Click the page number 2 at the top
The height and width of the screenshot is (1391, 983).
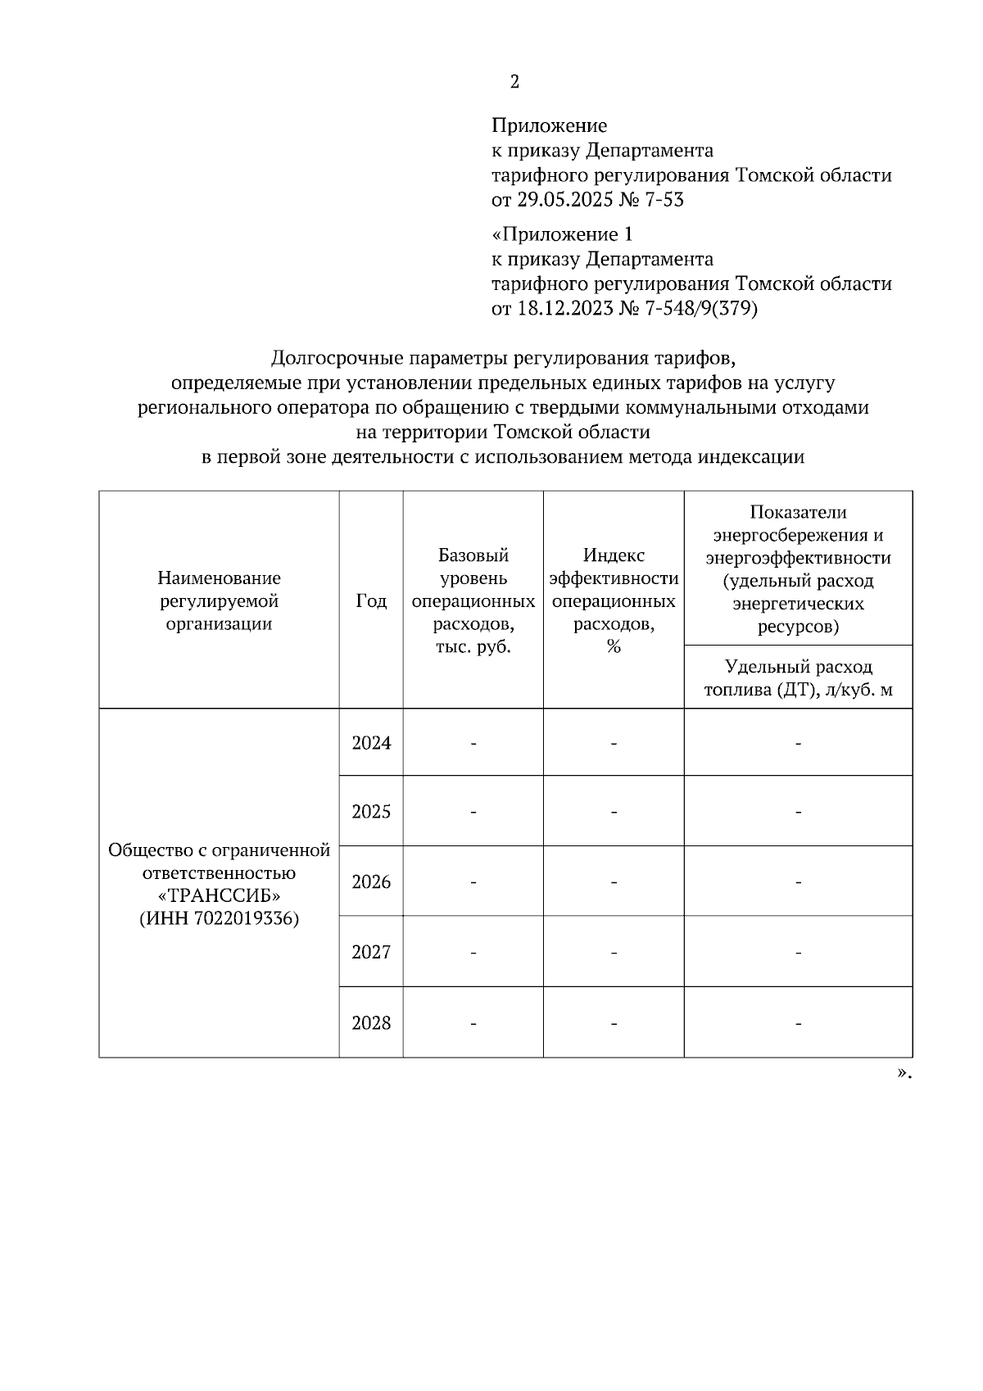point(514,82)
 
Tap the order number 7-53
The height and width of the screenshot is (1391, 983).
point(663,199)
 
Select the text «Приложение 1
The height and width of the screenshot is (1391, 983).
point(562,234)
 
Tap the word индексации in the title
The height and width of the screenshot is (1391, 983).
point(750,456)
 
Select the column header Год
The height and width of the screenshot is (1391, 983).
point(371,601)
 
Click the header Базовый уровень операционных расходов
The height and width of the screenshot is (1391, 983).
point(473,601)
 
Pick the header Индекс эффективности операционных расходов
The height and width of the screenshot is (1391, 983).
point(614,601)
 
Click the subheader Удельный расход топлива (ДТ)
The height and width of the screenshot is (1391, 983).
point(798,678)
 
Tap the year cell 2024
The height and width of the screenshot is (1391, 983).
point(371,743)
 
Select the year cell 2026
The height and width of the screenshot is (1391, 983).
point(371,882)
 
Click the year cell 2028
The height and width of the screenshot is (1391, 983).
point(371,1023)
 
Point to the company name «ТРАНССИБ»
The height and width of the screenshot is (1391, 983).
point(219,895)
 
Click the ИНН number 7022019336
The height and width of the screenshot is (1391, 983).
point(246,918)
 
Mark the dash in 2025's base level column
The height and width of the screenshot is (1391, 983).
point(473,813)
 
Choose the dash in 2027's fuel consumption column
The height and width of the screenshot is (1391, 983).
point(798,953)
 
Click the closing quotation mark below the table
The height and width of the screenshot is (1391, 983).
point(902,1072)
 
